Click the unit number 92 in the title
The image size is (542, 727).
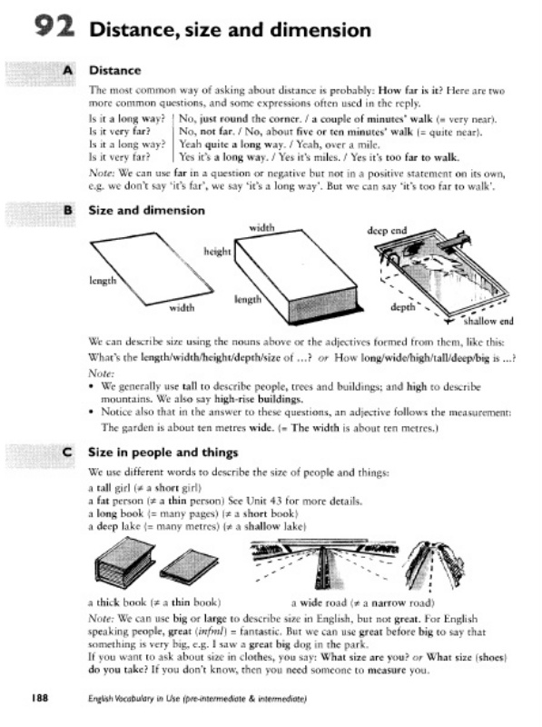(x=54, y=26)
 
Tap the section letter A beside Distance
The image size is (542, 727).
(x=68, y=71)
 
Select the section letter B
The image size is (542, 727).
(x=68, y=211)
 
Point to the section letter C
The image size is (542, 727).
(x=67, y=452)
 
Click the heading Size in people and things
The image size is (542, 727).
(x=163, y=453)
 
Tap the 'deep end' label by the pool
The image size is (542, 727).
(x=387, y=231)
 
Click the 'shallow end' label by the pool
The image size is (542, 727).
(x=488, y=321)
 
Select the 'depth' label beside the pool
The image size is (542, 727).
(x=402, y=307)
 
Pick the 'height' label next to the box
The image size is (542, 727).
(x=217, y=252)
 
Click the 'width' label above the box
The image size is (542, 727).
(x=261, y=228)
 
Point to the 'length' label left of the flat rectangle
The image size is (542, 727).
(x=103, y=281)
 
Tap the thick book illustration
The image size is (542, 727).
(x=124, y=561)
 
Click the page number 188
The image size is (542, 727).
(x=39, y=698)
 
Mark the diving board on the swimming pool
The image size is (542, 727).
(x=453, y=241)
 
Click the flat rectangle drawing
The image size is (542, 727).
(x=152, y=269)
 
